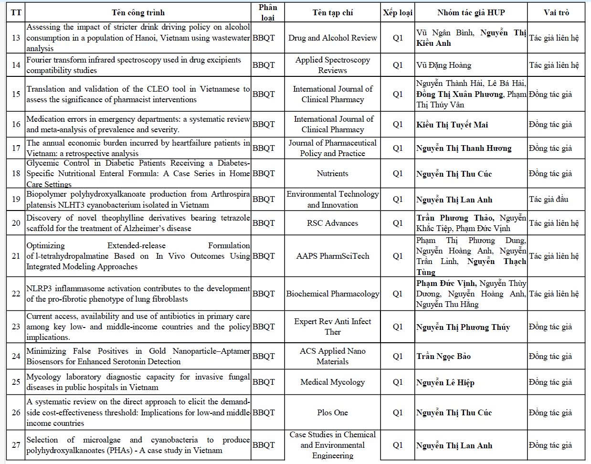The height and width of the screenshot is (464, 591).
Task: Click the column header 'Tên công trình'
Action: [x=138, y=12]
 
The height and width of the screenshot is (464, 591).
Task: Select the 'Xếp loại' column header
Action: [x=398, y=12]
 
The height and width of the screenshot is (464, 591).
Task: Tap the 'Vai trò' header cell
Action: [x=556, y=12]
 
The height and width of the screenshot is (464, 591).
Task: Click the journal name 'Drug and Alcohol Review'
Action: [x=332, y=38]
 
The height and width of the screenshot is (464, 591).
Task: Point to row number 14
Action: [x=16, y=65]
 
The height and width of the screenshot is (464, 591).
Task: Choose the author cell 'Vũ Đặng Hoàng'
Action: [x=443, y=65]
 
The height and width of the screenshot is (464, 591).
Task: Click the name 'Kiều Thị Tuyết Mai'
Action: [x=452, y=125]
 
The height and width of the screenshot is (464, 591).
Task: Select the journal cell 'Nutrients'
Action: [x=332, y=173]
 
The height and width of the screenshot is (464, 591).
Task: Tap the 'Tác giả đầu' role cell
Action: [x=549, y=199]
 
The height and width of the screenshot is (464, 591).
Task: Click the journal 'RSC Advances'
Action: [x=332, y=223]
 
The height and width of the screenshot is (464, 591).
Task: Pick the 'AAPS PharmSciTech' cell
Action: [x=332, y=256]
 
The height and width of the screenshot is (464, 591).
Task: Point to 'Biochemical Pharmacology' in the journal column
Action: [x=332, y=294]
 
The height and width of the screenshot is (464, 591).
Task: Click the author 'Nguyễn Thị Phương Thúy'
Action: [x=463, y=327]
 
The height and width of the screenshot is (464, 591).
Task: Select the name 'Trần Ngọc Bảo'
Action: [x=443, y=356]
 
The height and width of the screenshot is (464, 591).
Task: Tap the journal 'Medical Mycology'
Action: [x=332, y=382]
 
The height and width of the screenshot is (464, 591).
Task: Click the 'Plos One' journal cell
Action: [x=332, y=412]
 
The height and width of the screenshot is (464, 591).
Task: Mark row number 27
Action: [x=16, y=445]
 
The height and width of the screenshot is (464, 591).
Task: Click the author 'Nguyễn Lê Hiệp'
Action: [x=445, y=382]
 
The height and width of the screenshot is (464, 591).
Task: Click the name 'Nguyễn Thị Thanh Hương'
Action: [x=463, y=148]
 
